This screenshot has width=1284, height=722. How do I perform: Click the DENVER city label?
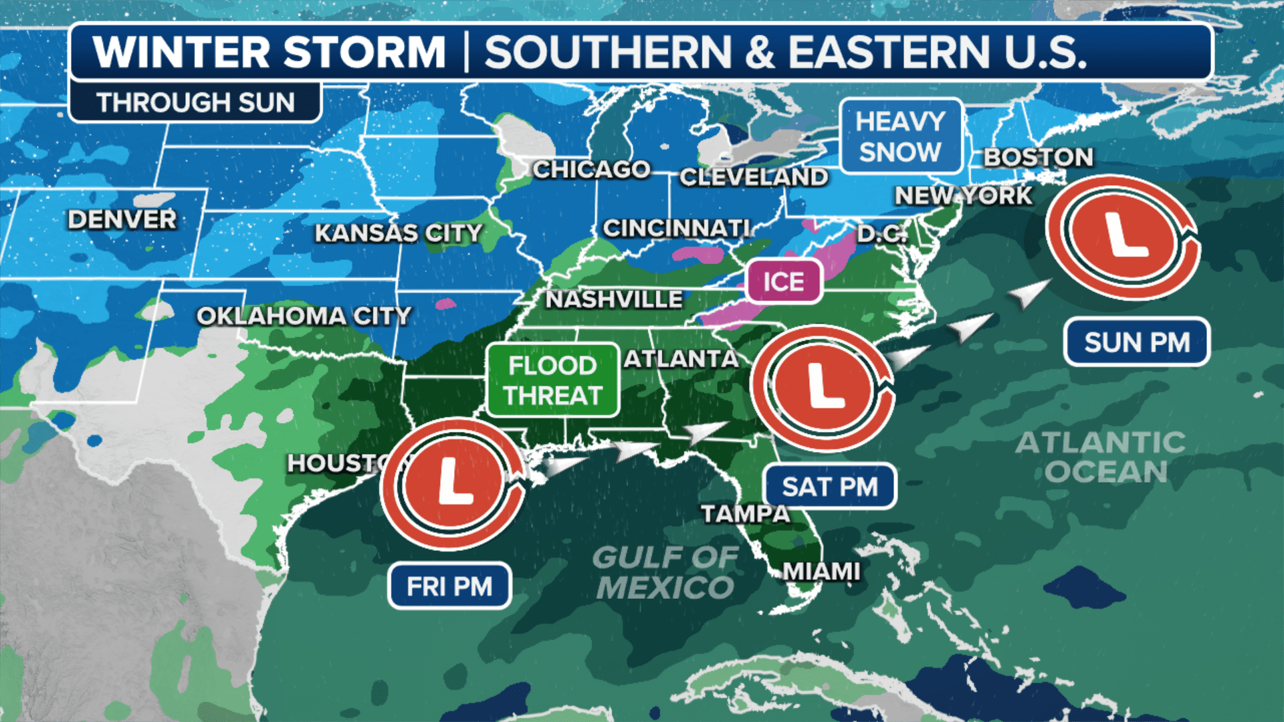[x=122, y=219]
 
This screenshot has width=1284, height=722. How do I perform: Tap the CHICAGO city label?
[x=591, y=170]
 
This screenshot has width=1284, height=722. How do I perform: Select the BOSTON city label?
[x=1038, y=158]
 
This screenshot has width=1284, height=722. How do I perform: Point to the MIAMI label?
[x=821, y=572]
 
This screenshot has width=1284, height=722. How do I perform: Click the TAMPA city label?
[x=746, y=514]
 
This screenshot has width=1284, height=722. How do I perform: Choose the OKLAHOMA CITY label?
[x=304, y=316]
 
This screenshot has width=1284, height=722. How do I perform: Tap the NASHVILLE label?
[x=614, y=299]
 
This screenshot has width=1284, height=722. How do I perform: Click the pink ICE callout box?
[x=784, y=281]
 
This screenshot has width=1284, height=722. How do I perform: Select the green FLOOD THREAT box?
[x=553, y=380]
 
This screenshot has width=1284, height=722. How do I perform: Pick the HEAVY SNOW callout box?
[x=900, y=136]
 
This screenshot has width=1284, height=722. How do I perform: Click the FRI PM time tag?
[x=449, y=586]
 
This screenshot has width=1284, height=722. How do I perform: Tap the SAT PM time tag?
[x=829, y=487]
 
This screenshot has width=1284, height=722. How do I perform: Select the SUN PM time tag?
[x=1136, y=342]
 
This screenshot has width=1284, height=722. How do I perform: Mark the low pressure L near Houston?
[x=453, y=483]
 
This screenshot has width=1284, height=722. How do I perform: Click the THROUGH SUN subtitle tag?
[x=195, y=103]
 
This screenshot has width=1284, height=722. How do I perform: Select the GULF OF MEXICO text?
[x=665, y=573]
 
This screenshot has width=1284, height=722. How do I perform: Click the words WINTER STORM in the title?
[x=269, y=52]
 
